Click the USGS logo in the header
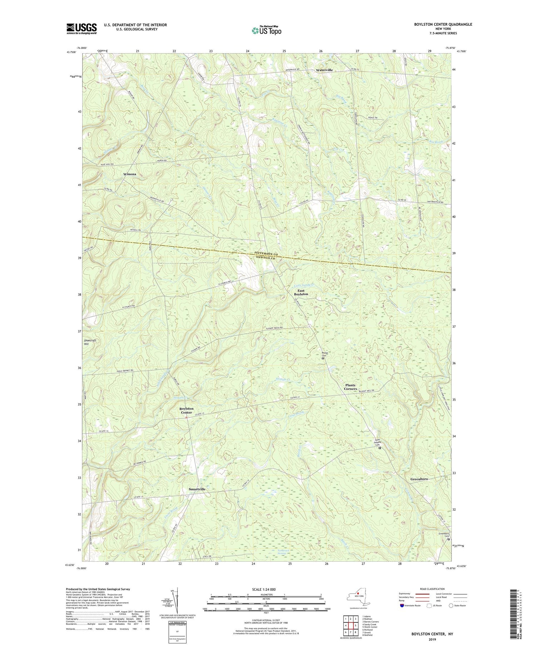[x=81, y=28]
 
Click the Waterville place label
[x=324, y=70]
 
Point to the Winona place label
[x=130, y=174]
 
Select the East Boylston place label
[x=301, y=292]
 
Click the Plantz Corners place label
[x=351, y=387]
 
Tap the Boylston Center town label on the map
[x=186, y=410]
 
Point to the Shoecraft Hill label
[x=90, y=343]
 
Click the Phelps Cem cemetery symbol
[x=323, y=359]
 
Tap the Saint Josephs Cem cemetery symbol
[x=380, y=448]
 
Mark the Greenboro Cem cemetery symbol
[x=449, y=549]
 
